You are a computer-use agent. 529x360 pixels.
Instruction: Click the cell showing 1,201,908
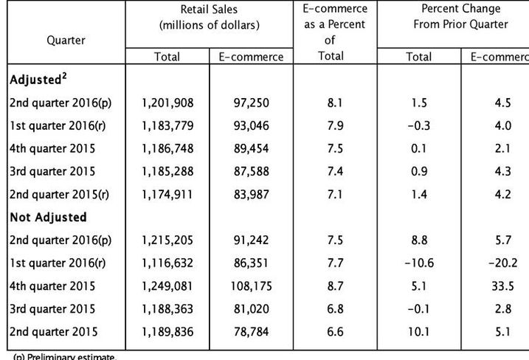coord(167,103)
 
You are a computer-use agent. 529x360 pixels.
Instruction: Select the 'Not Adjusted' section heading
coord(48,217)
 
